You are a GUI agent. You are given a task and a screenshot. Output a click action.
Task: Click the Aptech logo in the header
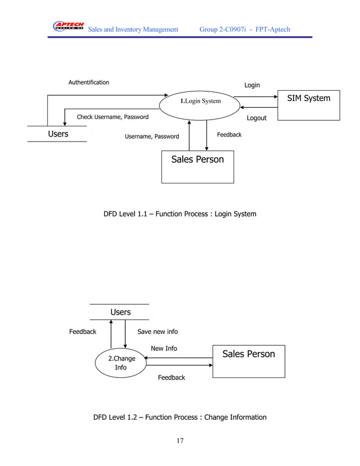coord(68,27)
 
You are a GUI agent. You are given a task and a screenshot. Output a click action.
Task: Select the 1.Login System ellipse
coord(200,102)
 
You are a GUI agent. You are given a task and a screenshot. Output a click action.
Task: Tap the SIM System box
coord(309,105)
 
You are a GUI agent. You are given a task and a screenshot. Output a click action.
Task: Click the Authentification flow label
coord(89,82)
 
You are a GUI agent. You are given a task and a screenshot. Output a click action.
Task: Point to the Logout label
coord(257,118)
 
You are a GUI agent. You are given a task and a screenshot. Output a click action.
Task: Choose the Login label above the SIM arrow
coord(252,85)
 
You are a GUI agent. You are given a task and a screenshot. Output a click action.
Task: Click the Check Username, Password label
coord(112,117)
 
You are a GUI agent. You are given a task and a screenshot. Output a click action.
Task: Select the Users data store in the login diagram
coord(58,134)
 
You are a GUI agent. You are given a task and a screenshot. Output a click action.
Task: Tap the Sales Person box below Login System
coord(197,166)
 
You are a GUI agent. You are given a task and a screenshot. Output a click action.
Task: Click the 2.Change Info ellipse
coord(121,363)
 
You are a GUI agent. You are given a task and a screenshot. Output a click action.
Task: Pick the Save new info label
coord(157,332)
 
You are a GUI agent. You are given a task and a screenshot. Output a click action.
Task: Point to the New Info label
coord(164,349)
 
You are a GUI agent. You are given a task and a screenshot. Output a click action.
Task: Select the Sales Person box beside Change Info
coord(248,361)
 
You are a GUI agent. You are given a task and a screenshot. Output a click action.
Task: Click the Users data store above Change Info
coord(120,312)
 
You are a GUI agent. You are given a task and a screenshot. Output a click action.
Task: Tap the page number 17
coord(179,441)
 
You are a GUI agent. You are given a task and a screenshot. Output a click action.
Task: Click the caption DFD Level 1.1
coord(179,214)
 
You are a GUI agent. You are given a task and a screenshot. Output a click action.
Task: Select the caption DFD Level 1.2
coord(179,417)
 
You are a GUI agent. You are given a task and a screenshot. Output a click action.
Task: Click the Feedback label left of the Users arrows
coord(82,332)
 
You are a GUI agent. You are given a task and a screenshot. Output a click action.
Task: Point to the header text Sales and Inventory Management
coord(133,29)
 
